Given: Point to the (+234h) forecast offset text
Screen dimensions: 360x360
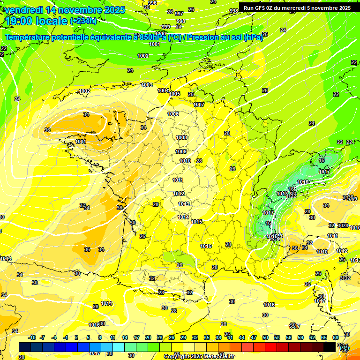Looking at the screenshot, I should [x=83, y=21].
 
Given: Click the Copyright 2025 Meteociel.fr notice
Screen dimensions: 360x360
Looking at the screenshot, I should [x=199, y=356].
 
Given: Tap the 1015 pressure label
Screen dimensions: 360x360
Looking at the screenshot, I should [x=196, y=222].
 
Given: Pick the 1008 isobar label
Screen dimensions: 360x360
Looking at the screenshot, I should [x=181, y=137].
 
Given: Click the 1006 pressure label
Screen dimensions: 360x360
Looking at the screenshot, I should [x=173, y=114].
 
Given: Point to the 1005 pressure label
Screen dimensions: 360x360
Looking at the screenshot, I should [x=175, y=94].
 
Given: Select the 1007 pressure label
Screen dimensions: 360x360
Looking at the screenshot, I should [x=199, y=105].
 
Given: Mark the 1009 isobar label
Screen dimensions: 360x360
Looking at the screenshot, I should [x=181, y=151].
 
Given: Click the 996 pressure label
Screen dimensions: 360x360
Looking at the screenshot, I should [x=152, y=3].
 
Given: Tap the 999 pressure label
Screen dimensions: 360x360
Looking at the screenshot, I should [x=165, y=27].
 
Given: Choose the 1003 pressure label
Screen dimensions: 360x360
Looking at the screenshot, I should [x=147, y=85].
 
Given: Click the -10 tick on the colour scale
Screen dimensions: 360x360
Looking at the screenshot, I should [x=32, y=337].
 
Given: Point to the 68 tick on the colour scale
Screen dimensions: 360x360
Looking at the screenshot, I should [x=335, y=337].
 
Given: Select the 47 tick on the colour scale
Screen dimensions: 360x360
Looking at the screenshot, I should [x=253, y=337].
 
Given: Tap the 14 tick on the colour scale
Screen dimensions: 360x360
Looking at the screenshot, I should [x=125, y=337].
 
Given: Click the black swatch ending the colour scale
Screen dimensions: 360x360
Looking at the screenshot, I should [x=330, y=347].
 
